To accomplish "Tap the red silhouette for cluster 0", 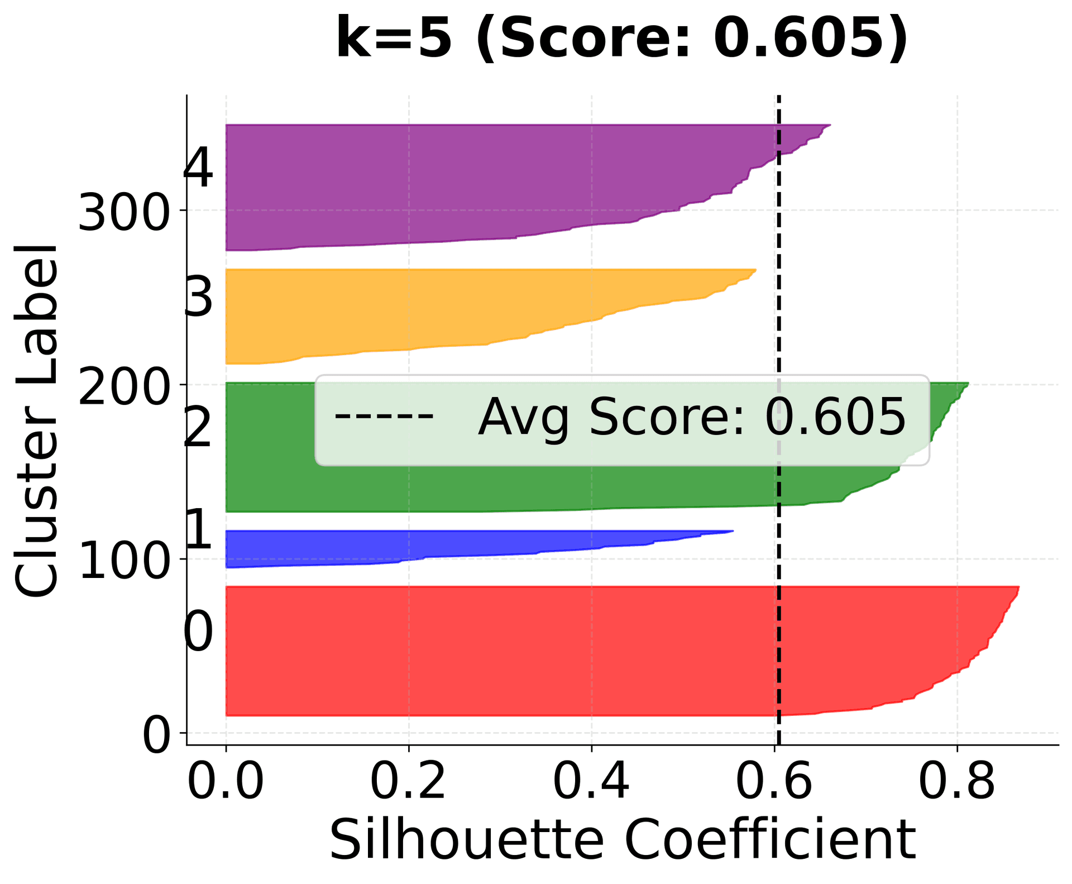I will [502, 651].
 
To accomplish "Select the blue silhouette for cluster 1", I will [391, 547].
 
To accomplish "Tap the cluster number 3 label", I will [199, 297].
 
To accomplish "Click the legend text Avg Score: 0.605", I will [691, 418].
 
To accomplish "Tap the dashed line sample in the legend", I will [384, 416].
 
